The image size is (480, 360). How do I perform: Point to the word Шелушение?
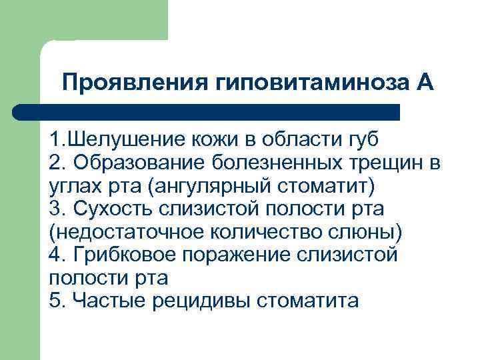pos(124,141)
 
